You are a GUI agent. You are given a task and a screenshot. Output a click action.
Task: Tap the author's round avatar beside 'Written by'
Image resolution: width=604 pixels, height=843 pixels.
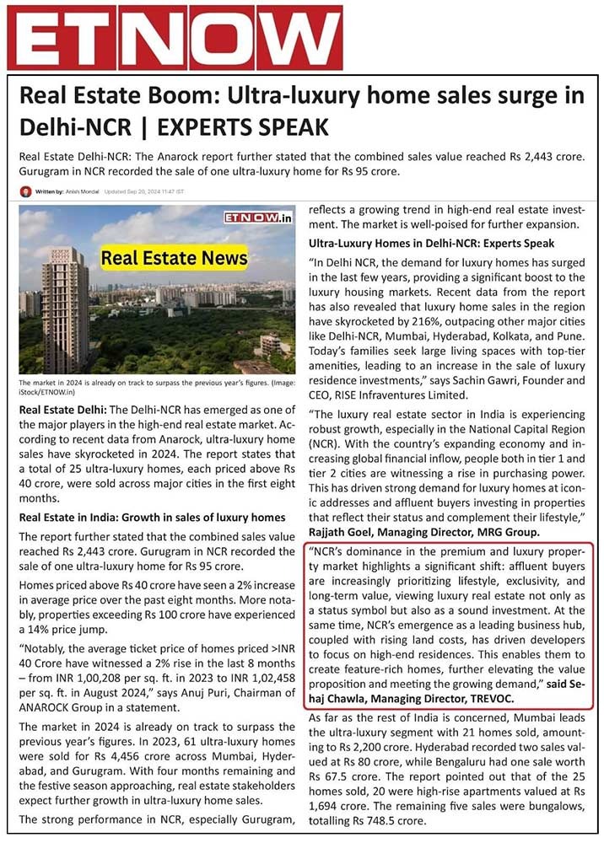point(25,191)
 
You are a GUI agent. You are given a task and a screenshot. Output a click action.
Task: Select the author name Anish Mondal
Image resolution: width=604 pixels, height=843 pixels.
point(82,192)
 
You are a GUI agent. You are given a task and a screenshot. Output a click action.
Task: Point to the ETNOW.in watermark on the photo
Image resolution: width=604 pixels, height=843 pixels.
point(258,217)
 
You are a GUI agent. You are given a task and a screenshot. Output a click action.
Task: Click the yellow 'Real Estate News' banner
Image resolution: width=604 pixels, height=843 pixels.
point(175,257)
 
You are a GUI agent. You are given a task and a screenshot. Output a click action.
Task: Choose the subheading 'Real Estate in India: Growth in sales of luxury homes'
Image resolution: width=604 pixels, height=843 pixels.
point(152,517)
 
